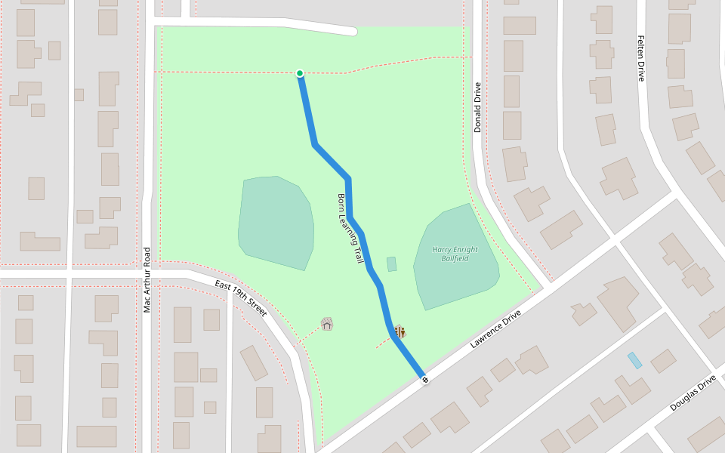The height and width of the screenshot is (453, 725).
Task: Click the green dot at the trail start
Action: tap(300, 73)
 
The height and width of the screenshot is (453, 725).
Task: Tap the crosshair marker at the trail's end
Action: tap(424, 379)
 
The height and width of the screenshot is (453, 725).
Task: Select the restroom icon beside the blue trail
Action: tap(400, 331)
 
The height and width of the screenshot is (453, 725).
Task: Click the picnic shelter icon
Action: tap(327, 324)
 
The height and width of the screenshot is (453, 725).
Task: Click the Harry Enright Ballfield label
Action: tap(455, 254)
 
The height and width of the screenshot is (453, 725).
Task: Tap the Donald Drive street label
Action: tap(477, 107)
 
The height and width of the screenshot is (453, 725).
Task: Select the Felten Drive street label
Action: tap(641, 58)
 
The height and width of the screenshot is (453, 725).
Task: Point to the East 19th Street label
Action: tap(240, 297)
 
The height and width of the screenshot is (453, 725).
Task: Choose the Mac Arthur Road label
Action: tap(147, 279)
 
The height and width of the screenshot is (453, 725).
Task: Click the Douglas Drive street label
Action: tap(693, 393)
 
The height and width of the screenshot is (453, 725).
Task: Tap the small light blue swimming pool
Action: tap(635, 360)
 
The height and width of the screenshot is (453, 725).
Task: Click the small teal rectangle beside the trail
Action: tap(391, 264)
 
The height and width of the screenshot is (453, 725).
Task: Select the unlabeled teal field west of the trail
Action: tap(276, 223)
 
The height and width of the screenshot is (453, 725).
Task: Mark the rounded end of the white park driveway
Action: tap(351, 31)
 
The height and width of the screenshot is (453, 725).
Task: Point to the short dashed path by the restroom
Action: tap(383, 344)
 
